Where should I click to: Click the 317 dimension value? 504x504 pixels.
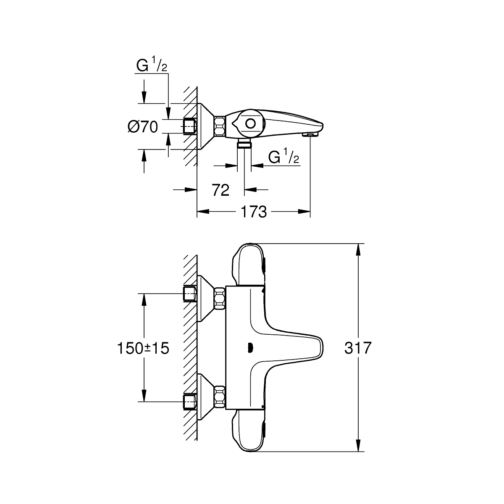coord(358,348)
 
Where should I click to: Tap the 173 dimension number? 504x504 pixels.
coord(253,211)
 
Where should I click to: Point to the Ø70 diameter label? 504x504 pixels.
coord(143,127)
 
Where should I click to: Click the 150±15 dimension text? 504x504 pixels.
coord(143,348)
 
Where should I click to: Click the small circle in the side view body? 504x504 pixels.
coord(251,123)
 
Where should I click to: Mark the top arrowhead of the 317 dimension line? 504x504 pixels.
coord(358,250)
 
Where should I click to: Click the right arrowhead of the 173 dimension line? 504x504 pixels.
coord(304,211)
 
